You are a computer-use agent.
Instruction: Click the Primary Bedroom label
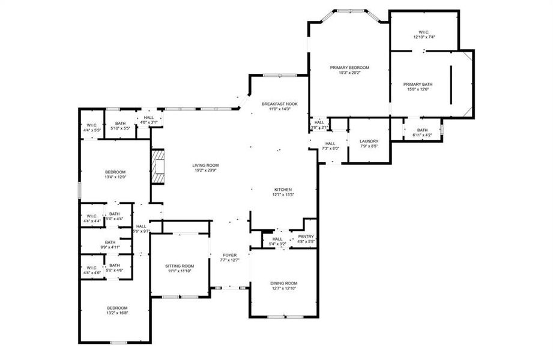pyautogui.click(x=349, y=67)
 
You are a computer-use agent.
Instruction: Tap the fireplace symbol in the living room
pyautogui.click(x=158, y=167)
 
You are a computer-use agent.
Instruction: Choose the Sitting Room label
pyautogui.click(x=180, y=266)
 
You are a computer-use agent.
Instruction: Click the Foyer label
pyautogui.click(x=230, y=255)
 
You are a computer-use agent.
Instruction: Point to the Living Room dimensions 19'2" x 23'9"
pyautogui.click(x=205, y=170)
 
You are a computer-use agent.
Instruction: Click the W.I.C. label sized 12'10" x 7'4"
pyautogui.click(x=424, y=37)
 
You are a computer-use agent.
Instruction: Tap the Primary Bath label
pyautogui.click(x=418, y=84)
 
